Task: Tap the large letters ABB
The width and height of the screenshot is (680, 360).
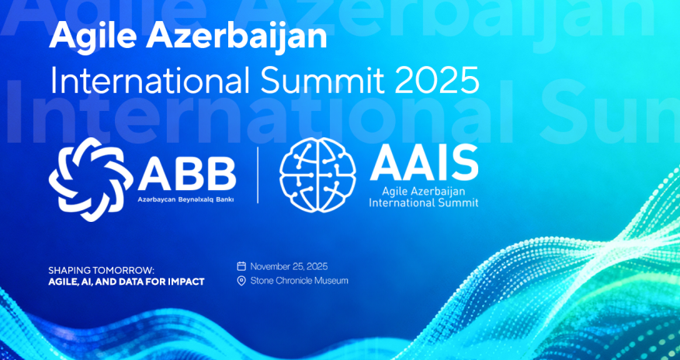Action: point(186,173)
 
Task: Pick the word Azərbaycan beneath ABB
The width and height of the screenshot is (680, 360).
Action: point(158,199)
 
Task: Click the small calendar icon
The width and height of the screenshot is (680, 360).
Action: point(241,265)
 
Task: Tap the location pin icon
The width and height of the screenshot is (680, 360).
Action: point(241,280)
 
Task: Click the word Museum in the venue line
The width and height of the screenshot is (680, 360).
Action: point(331,280)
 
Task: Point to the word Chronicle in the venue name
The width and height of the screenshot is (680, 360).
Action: point(293,280)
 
